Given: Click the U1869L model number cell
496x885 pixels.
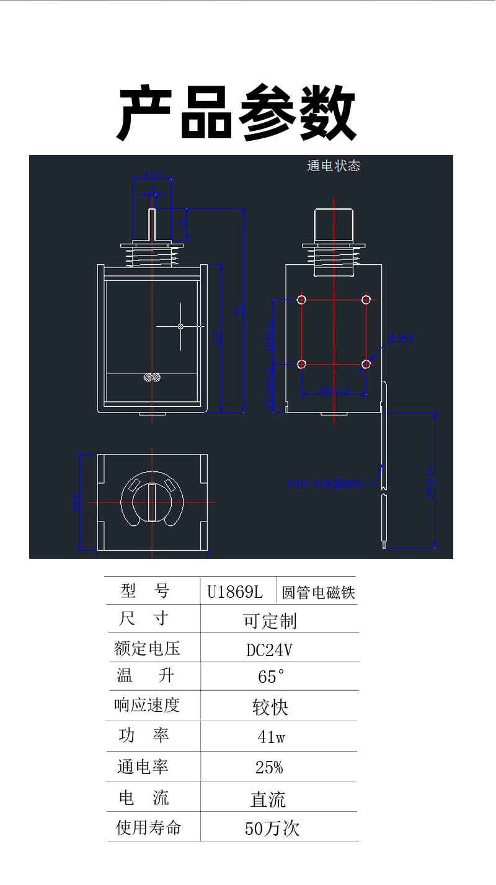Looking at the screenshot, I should tap(235, 592).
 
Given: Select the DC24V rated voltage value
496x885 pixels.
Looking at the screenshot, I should tap(269, 649).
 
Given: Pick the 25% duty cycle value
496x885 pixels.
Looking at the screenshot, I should tap(269, 767).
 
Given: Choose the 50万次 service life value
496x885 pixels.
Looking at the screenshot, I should tap(272, 828).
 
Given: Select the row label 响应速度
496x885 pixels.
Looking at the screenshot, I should tap(148, 705).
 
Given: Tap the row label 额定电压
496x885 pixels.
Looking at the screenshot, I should tap(148, 649).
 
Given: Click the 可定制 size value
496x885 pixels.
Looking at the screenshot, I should tap(270, 620).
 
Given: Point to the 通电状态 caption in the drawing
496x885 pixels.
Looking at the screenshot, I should tap(333, 166).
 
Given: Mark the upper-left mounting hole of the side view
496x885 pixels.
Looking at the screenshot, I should tap(302, 300).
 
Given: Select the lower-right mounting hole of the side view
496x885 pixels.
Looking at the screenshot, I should tap(366, 364).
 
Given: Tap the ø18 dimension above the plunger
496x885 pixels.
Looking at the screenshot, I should tap(152, 174).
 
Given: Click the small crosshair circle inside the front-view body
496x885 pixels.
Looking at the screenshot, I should tap(180, 326).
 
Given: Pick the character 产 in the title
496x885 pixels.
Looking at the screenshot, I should tap(145, 113).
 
